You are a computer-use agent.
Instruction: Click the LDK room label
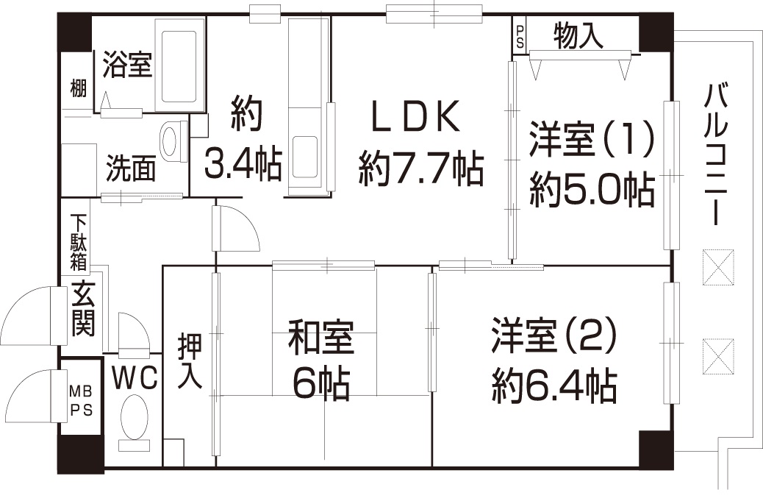tap(415, 116)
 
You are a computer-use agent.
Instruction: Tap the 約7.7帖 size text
tap(421, 169)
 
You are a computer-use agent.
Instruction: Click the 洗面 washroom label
tap(132, 168)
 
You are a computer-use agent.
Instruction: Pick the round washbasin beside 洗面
tap(169, 141)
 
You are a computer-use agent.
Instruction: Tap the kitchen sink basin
tap(306, 157)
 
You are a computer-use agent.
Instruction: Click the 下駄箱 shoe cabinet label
tap(79, 242)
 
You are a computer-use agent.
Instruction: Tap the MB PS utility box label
tap(80, 401)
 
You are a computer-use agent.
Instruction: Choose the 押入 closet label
tap(190, 360)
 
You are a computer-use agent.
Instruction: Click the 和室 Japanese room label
tap(321, 336)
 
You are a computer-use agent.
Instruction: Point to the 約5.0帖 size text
tap(592, 189)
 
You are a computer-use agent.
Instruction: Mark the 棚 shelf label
tap(78, 88)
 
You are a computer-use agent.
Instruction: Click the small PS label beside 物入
tap(520, 37)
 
